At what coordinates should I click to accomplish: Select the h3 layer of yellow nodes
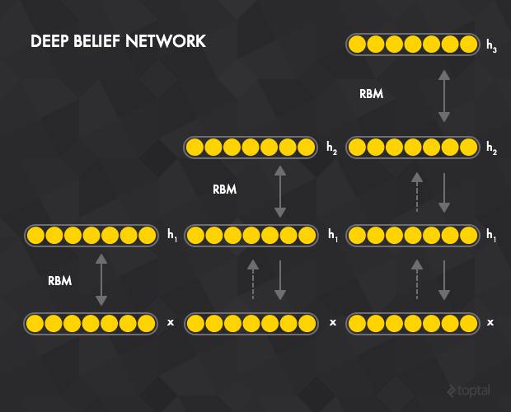coord(411,43)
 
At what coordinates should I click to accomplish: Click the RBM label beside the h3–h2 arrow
coord(371,94)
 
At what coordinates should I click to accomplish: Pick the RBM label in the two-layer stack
coord(59,280)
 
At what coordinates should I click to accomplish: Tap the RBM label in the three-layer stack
coord(224,189)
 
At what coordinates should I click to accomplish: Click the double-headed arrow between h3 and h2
coord(443,96)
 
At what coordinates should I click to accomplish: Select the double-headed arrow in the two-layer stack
coord(101,280)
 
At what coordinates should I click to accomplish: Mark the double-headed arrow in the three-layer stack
coord(279,191)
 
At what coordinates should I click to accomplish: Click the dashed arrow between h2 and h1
coord(417,191)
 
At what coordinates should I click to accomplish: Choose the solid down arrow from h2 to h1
coord(444,191)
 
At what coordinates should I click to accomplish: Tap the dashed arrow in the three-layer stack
coord(252,280)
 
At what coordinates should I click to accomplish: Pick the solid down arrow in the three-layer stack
coord(279,280)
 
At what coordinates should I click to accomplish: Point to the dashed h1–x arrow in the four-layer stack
coord(417,280)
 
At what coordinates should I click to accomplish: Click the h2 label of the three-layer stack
coord(331,148)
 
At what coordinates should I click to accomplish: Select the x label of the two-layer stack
coord(170,322)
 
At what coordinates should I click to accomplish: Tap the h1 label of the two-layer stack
coord(171,236)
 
